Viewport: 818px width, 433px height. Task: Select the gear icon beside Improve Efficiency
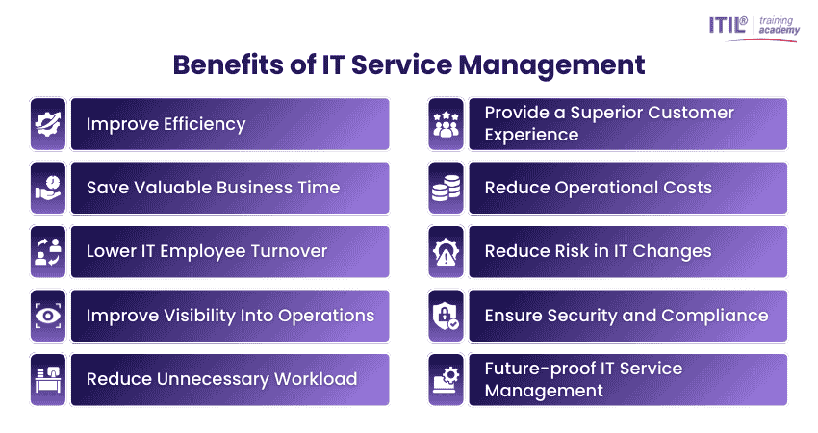(47, 124)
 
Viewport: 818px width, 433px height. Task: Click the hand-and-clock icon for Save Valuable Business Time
(47, 188)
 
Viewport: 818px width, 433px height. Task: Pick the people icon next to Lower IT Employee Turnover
(47, 252)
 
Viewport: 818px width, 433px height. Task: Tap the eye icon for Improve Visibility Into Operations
(47, 316)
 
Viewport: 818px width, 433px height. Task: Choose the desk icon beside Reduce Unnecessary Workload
(47, 379)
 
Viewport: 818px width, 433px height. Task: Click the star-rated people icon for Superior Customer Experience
(446, 124)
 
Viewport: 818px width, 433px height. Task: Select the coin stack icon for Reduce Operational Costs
(446, 188)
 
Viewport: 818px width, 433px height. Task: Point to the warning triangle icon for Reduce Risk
(446, 252)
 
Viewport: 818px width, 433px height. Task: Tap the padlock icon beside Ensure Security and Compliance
(446, 316)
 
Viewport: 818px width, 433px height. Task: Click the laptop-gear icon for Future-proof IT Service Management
(446, 379)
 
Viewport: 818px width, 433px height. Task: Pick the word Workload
(310, 379)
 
